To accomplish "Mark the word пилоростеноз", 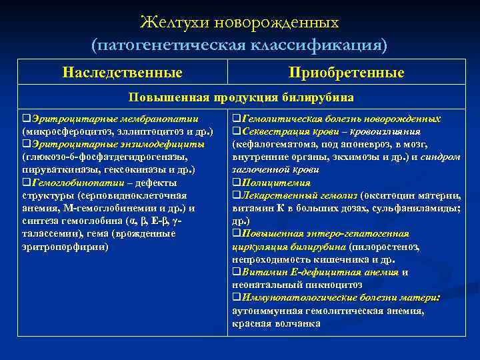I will click(390, 247).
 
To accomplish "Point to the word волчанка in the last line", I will click(298, 323).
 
